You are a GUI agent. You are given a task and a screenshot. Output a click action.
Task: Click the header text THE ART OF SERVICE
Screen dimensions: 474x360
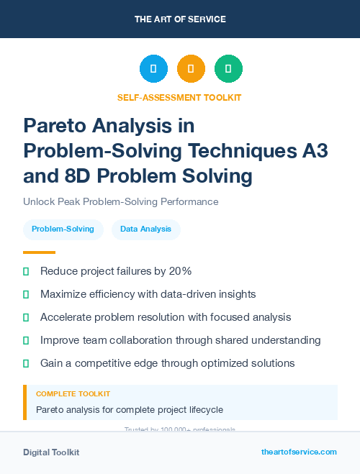(x=180, y=19)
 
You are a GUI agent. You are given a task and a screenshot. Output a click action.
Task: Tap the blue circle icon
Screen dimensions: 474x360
(x=153, y=69)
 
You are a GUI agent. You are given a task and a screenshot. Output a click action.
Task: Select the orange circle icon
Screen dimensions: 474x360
(x=191, y=69)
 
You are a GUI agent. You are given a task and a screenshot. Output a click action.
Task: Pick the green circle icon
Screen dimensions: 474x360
(x=228, y=69)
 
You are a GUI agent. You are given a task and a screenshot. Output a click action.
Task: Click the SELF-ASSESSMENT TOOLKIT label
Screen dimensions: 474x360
(x=179, y=97)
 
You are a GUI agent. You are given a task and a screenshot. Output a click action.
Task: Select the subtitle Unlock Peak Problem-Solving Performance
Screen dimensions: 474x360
(x=120, y=201)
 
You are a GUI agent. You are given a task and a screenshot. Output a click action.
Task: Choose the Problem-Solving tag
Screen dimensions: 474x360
(x=63, y=229)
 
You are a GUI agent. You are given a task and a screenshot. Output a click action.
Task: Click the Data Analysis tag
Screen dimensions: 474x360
(x=145, y=229)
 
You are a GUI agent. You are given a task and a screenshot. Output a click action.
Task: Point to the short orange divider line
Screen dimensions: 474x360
(x=39, y=252)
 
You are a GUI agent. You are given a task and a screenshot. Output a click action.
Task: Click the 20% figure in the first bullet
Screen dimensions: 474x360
(x=177, y=272)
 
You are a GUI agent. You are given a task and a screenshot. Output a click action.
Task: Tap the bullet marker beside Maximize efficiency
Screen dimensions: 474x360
(x=26, y=294)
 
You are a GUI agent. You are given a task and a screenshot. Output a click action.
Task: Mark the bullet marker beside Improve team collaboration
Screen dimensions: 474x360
(x=26, y=339)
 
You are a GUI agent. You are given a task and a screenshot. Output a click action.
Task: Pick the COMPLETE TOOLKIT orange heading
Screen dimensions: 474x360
(x=73, y=394)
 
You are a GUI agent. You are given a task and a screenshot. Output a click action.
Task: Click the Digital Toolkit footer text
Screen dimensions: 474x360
(x=51, y=452)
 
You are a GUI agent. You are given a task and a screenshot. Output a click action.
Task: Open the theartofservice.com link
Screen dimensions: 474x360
(x=299, y=452)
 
